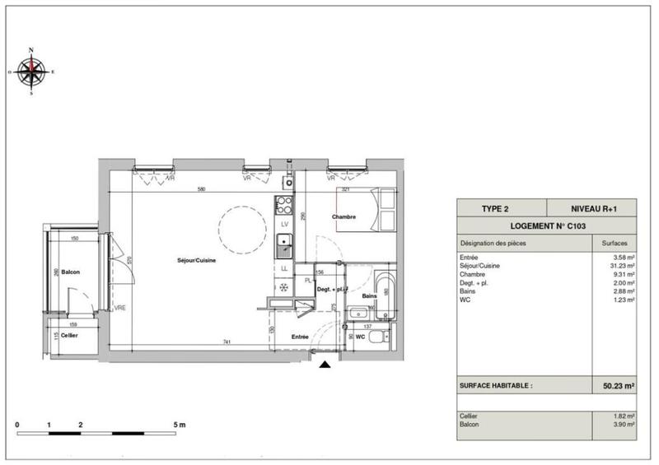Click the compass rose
point(31,72)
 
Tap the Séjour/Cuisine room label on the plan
point(197,261)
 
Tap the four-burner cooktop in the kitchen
point(283,206)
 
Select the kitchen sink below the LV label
point(284,243)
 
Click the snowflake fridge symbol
point(284,287)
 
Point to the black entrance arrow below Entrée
point(327,363)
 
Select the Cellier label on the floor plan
point(70,336)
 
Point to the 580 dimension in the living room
point(202,190)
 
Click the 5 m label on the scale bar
point(180,424)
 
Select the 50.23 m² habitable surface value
point(616,385)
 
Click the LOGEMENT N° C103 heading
point(547,226)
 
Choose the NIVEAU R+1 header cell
point(593,209)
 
